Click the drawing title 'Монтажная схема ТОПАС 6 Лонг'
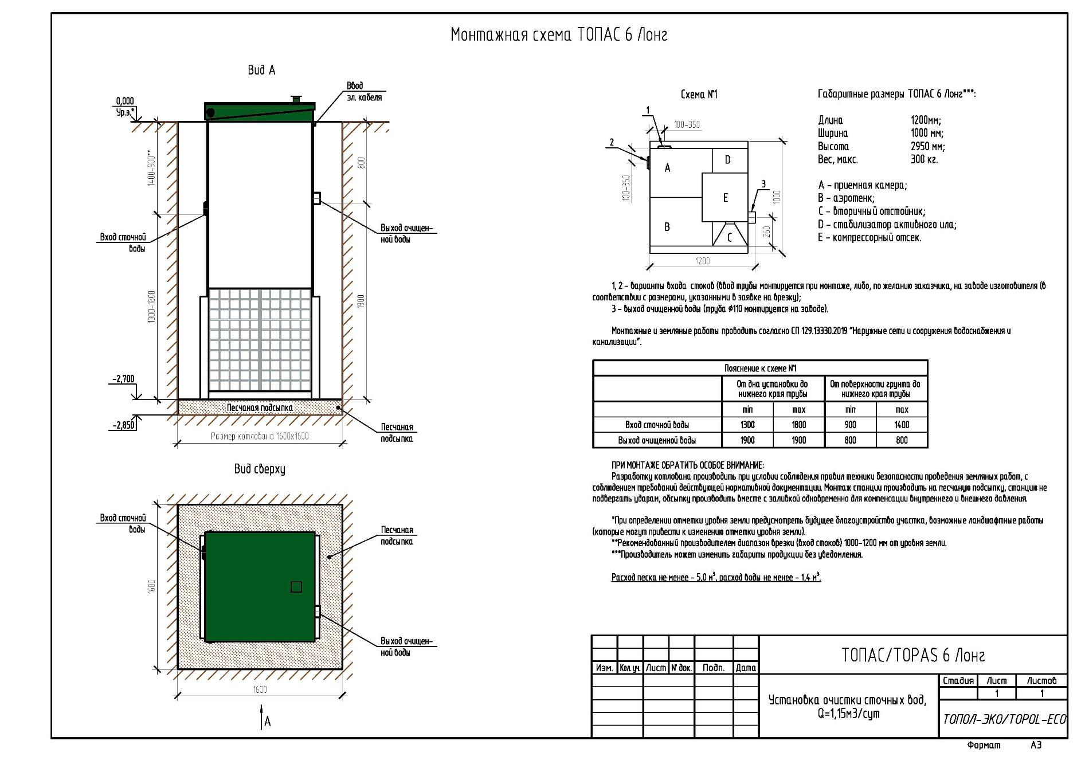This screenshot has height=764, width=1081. click(559, 35)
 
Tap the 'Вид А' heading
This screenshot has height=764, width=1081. click(261, 70)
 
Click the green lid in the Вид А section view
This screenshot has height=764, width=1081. click(260, 111)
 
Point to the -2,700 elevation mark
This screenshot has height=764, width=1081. click(123, 379)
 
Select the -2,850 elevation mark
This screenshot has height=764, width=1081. click(123, 425)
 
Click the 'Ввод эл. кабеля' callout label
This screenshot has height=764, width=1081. click(364, 92)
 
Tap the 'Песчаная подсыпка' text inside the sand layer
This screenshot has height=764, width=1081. click(259, 408)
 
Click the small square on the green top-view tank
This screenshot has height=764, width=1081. click(296, 587)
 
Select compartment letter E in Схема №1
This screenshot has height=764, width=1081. click(725, 198)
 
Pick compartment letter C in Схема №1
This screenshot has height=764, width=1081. click(729, 237)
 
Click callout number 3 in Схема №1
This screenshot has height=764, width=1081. click(763, 184)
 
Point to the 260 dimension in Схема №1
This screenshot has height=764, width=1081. click(767, 232)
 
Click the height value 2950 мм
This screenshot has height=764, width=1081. click(927, 146)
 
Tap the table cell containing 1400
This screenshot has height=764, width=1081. click(902, 425)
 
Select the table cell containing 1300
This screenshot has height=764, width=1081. click(747, 425)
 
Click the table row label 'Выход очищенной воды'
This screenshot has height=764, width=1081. click(657, 440)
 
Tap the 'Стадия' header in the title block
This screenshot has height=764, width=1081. click(958, 681)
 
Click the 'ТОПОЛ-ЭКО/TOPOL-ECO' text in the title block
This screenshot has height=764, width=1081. click(1004, 719)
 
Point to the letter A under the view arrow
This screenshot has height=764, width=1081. click(268, 722)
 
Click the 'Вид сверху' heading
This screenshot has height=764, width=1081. click(260, 469)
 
